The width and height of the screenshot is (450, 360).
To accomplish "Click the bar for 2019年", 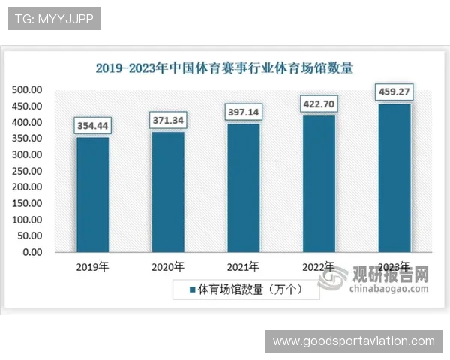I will tap(92, 194).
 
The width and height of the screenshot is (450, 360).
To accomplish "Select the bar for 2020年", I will tap(168, 191).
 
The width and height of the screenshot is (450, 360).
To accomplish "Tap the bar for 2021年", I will tap(243, 187).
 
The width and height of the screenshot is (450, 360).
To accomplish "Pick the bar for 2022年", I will tap(319, 183).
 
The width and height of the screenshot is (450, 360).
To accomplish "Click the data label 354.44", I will tap(92, 126).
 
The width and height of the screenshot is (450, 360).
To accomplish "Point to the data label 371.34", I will tap(168, 120).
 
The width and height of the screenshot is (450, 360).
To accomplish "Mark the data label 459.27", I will tap(394, 92).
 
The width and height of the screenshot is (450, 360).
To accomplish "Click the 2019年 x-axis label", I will tap(92, 266).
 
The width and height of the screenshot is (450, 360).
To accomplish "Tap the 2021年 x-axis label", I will tap(243, 266).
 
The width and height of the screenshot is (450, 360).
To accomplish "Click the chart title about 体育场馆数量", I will tap(224, 67).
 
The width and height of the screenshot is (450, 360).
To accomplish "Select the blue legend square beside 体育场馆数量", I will tap(192, 289).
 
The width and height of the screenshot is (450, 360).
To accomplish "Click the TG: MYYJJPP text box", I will tap(54, 19).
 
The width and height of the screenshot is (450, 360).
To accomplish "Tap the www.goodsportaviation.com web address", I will tap(353, 341).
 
